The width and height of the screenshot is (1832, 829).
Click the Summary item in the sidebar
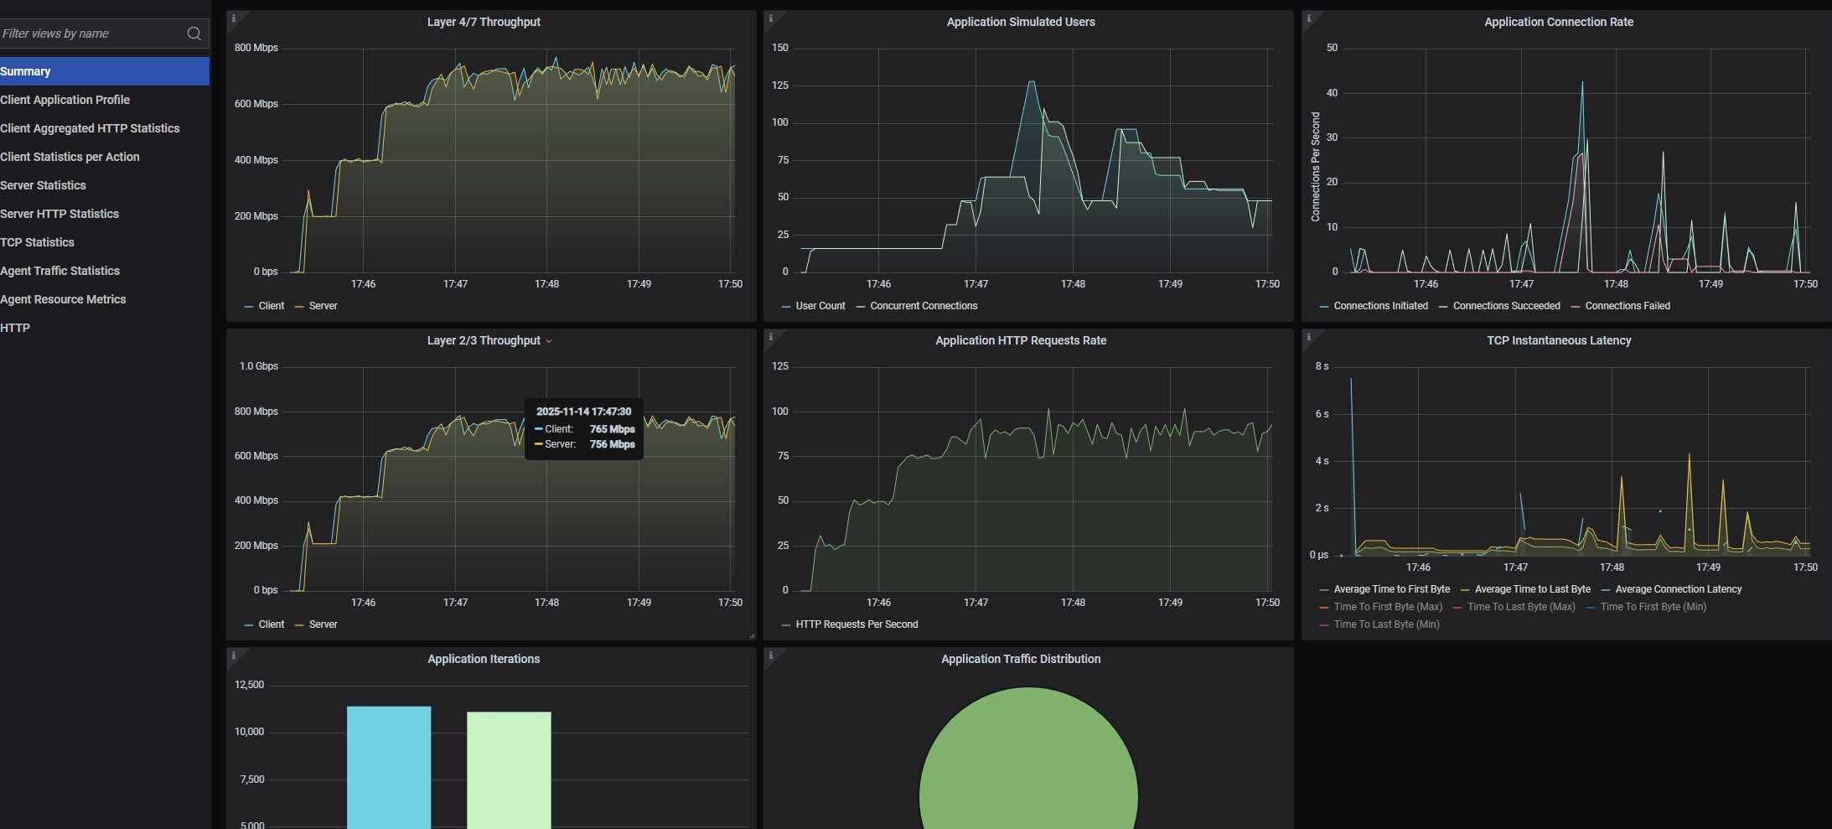coord(26,71)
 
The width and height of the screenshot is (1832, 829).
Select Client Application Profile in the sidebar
coord(65,100)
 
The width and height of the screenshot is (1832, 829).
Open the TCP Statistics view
coord(37,242)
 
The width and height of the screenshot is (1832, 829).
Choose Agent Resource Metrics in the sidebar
coord(63,299)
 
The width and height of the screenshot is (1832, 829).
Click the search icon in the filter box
coord(194,34)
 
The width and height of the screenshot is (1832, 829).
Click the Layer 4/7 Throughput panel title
coord(484,22)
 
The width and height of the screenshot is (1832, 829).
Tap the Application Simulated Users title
coord(1021,22)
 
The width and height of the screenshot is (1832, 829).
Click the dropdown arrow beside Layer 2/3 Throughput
coord(549,341)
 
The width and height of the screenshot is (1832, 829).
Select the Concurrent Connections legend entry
coord(924,306)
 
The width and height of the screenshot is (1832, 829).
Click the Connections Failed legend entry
coord(1627,306)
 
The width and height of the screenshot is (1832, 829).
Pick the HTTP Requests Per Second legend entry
coord(856,624)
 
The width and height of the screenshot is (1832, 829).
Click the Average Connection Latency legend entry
coord(1678,589)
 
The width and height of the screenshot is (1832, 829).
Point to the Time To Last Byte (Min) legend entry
coord(1386,624)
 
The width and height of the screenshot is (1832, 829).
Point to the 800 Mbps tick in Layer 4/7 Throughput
coord(256,48)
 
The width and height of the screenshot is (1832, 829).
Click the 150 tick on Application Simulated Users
coord(780,48)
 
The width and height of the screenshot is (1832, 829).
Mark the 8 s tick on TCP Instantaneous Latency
coord(1322,366)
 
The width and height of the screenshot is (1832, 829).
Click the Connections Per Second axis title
coord(1316,167)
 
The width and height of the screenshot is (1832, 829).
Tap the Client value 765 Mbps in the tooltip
coord(612,429)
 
